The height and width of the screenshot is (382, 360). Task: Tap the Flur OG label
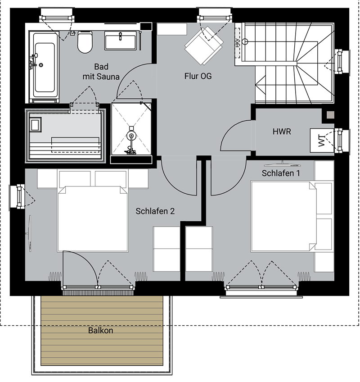pyautogui.click(x=198, y=76)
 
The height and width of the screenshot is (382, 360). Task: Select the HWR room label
pyautogui.click(x=282, y=132)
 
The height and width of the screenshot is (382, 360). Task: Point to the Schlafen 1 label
pyautogui.click(x=281, y=173)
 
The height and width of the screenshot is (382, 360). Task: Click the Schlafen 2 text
pyautogui.click(x=155, y=211)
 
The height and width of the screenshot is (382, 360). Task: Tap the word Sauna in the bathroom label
pyautogui.click(x=108, y=77)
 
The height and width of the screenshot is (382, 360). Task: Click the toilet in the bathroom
pyautogui.click(x=85, y=42)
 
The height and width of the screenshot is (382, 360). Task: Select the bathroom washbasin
pyautogui.click(x=120, y=41)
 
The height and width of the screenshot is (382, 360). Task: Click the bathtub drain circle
pyautogui.click(x=41, y=65)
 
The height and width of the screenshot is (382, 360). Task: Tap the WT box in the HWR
pyautogui.click(x=322, y=141)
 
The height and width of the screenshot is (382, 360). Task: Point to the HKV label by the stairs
pyautogui.click(x=238, y=43)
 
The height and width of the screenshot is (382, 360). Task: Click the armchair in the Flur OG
pyautogui.click(x=204, y=45)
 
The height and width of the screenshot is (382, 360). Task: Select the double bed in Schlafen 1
pyautogui.click(x=284, y=216)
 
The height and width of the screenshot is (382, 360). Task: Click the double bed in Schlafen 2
pyautogui.click(x=93, y=219)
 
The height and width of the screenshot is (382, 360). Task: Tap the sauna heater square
pyautogui.click(x=36, y=125)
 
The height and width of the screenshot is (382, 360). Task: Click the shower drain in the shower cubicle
pyautogui.click(x=132, y=136)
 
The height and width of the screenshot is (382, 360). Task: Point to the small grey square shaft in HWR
pyautogui.click(x=330, y=115)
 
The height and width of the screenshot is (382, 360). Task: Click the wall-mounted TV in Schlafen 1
pyautogui.click(x=282, y=164)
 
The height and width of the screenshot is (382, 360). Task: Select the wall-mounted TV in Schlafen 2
pyautogui.click(x=29, y=233)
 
